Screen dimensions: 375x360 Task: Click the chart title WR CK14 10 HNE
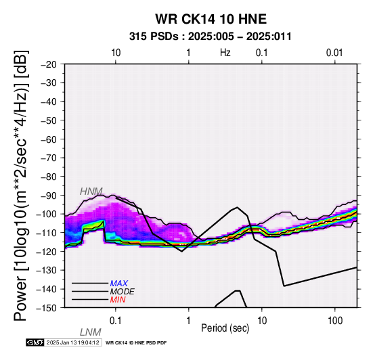tap(211, 19)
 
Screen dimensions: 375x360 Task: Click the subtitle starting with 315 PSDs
tap(211, 37)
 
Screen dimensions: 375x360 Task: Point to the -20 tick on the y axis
tap(49, 64)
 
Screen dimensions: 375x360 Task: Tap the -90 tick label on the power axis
tap(49, 196)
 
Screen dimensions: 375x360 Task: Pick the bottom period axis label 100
tap(335, 321)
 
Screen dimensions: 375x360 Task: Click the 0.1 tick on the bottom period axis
tap(116, 321)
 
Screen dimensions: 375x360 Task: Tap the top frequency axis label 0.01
tap(334, 53)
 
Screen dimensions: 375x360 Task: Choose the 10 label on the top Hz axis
tap(116, 53)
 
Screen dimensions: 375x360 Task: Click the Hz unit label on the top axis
tap(225, 53)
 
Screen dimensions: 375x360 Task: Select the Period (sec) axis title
tap(225, 328)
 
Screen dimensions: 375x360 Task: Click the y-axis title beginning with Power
tap(22, 185)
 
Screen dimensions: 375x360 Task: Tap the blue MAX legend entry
tap(119, 284)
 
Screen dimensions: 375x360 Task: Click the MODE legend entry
tap(123, 292)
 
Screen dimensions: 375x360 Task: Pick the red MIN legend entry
tap(118, 300)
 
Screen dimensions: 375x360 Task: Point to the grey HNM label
tap(91, 192)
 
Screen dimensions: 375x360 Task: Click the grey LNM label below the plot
tap(91, 332)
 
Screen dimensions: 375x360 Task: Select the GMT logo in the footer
tap(35, 343)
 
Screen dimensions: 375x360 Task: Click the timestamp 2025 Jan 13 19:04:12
tap(72, 343)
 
